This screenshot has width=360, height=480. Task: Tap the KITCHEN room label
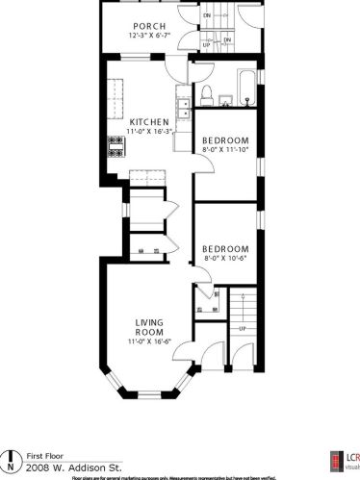(150, 121)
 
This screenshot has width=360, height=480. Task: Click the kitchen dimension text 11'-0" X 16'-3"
(150, 131)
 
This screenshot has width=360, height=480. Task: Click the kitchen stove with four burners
(116, 146)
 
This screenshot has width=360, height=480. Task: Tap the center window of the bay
(149, 394)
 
